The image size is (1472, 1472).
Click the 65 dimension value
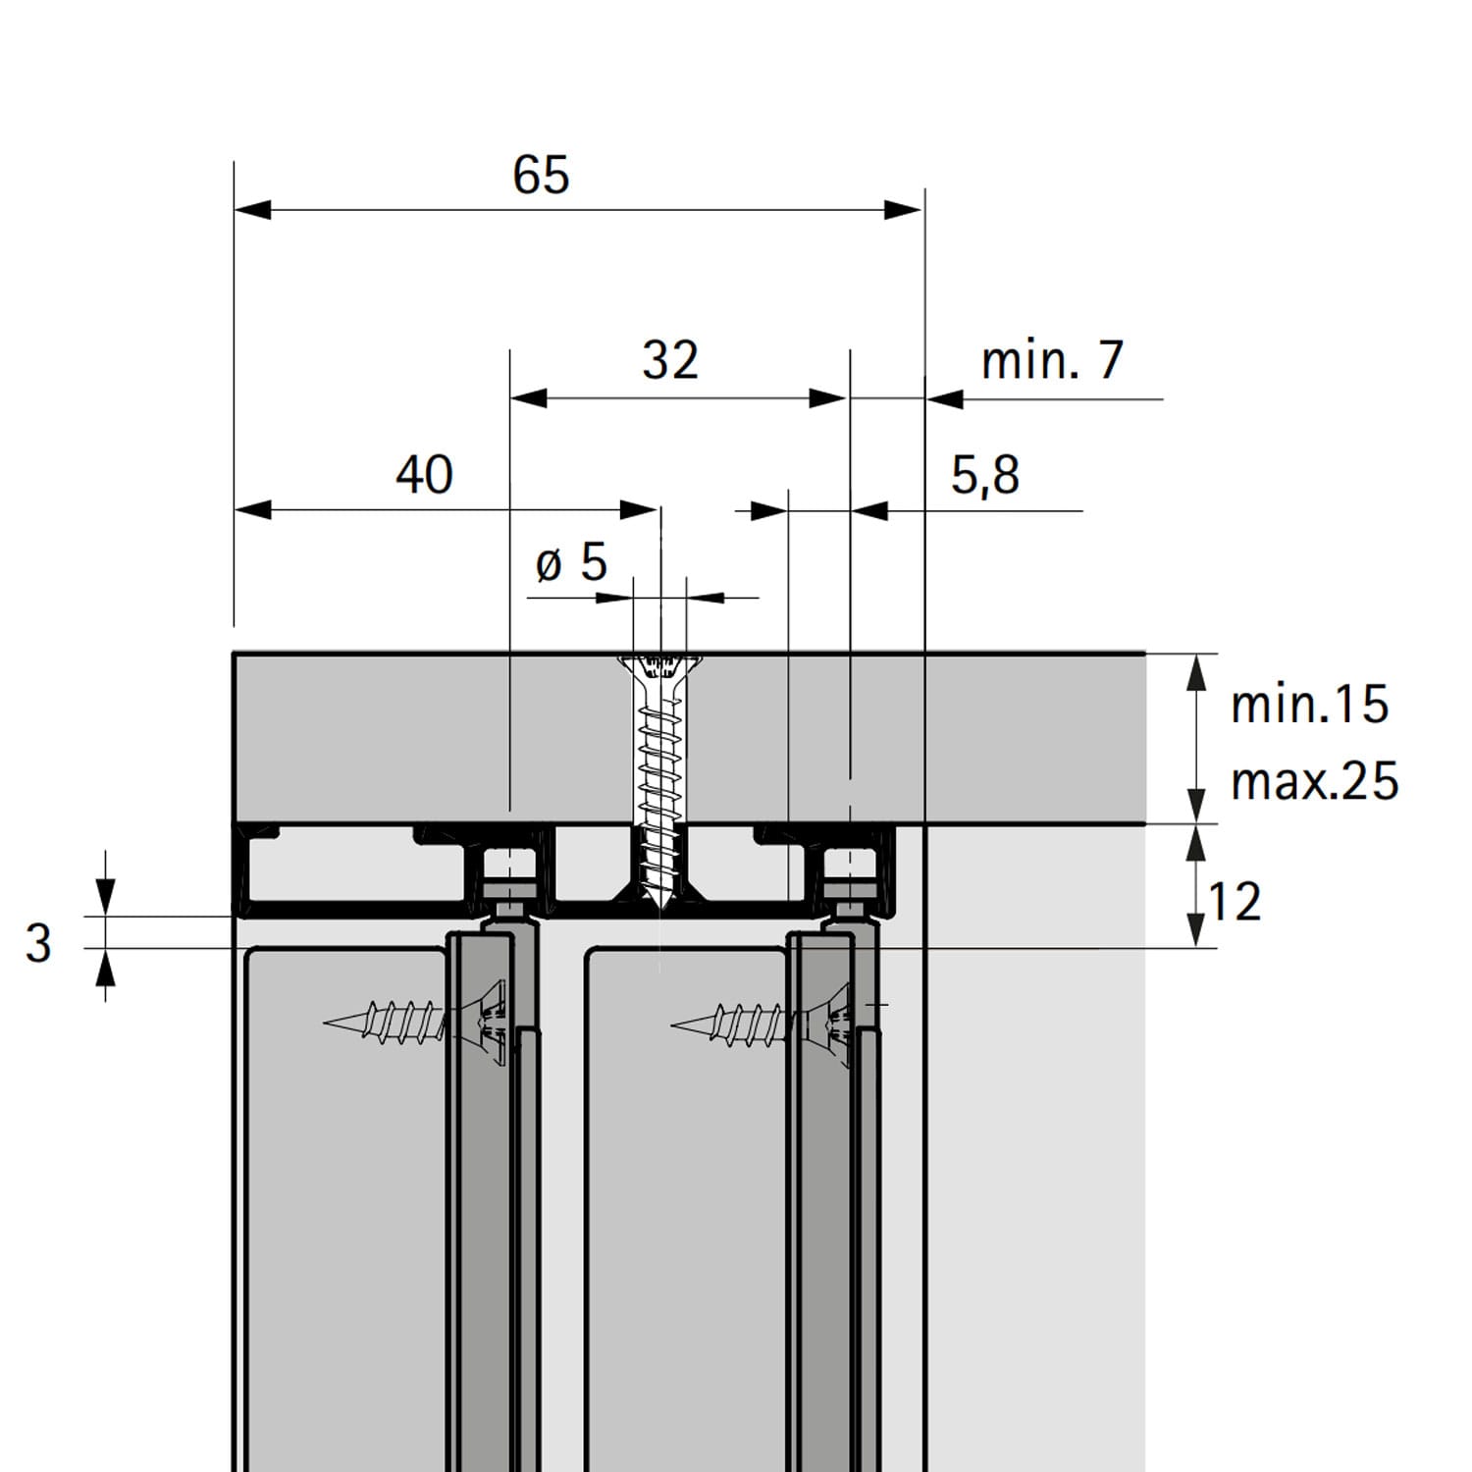541,175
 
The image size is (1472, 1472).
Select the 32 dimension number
670,360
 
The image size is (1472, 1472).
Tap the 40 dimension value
424,474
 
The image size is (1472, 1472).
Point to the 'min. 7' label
1052,360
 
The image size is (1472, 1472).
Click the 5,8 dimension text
985,476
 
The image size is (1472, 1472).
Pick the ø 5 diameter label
572,562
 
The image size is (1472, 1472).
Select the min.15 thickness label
1309,705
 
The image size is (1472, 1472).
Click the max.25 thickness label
1314,781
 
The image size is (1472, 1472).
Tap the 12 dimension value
1234,902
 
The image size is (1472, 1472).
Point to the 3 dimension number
38,943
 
